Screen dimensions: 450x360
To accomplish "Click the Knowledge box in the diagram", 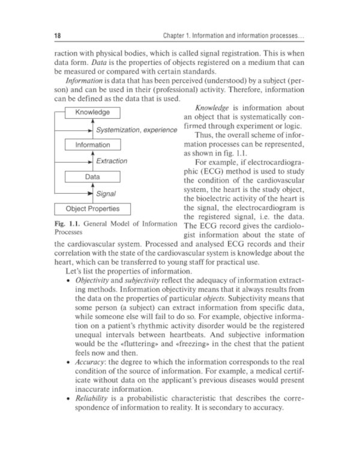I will (92, 112).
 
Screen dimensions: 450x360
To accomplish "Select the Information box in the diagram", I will (92, 145).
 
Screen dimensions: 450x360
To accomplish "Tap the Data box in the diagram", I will (92, 178).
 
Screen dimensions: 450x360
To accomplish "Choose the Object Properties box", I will (92, 209).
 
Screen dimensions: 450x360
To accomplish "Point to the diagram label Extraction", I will (112, 161).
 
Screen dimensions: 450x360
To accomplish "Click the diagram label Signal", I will (106, 193).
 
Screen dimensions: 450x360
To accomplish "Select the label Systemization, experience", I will (137, 129).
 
